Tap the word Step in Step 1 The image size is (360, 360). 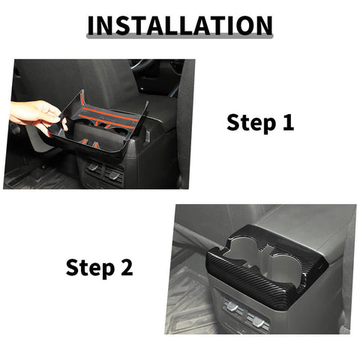pos(248,122)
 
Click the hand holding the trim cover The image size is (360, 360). pos(34,114)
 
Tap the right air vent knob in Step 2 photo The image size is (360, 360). pos(259,321)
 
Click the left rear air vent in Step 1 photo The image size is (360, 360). pos(94,167)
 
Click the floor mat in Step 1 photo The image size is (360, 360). pos(30,176)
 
